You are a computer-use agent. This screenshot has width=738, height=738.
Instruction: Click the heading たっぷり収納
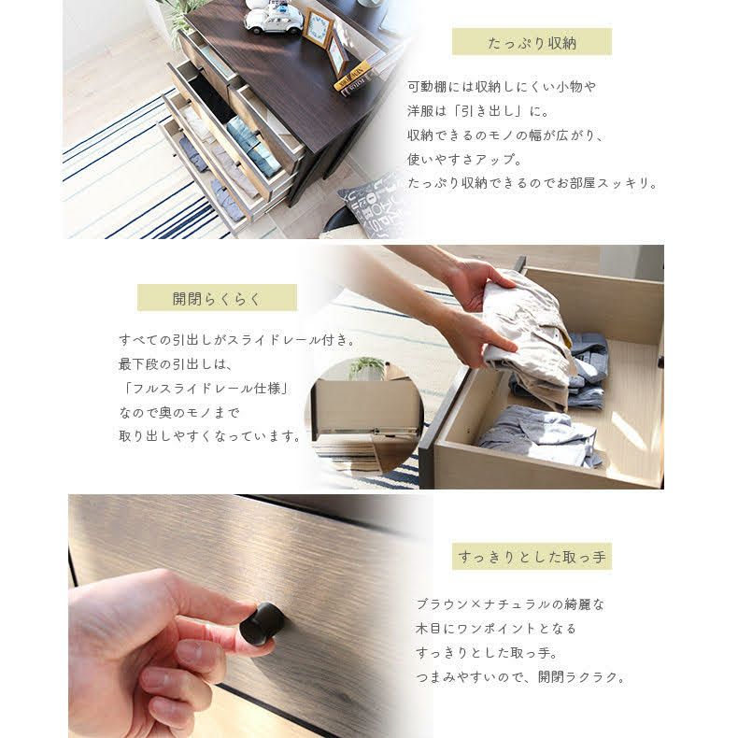[532, 43]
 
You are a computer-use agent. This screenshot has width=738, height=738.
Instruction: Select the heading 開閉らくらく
[217, 299]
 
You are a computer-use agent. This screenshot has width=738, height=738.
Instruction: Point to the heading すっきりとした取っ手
[532, 557]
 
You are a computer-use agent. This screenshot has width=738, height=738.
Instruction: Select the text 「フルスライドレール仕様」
[206, 389]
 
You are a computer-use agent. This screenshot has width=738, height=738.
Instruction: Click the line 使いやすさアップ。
[464, 159]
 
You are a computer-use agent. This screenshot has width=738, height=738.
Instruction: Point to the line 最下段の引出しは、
[176, 363]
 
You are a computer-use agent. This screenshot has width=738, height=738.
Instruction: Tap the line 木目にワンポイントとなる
[496, 629]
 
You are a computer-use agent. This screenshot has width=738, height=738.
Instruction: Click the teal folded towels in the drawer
[250, 145]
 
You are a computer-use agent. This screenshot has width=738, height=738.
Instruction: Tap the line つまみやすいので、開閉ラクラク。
[521, 677]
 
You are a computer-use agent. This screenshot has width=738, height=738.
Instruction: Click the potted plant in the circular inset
[366, 368]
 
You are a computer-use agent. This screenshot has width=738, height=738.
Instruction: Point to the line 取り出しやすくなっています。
[210, 436]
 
